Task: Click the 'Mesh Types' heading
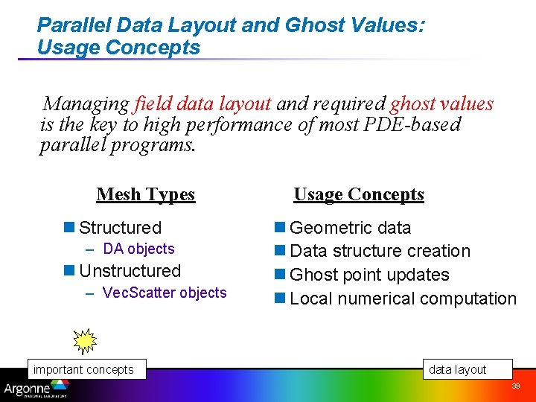[145, 195]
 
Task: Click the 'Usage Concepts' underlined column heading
[358, 195]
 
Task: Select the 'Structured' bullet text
[120, 228]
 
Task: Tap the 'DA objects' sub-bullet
[138, 249]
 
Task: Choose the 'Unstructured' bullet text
[130, 271]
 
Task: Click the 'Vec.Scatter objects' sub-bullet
[164, 293]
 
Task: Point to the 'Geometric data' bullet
[350, 228]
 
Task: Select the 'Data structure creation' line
[380, 252]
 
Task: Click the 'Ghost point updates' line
[369, 275]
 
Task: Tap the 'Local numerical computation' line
[403, 299]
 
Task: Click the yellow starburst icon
[85, 340]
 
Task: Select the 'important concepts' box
[84, 370]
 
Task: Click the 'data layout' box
[457, 370]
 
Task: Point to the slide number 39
[515, 387]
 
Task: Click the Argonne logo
[36, 389]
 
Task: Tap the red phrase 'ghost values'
[441, 103]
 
